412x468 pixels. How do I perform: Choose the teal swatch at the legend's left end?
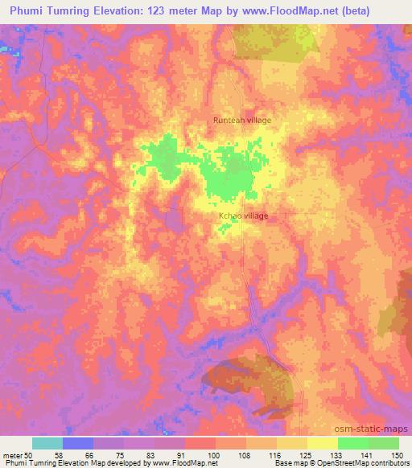(47, 443)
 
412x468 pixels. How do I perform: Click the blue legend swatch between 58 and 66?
(78, 443)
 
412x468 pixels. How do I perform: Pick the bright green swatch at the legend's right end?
(384, 443)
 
